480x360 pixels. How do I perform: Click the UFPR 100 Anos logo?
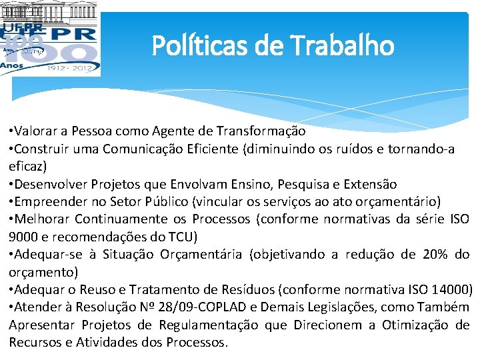[50, 39]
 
